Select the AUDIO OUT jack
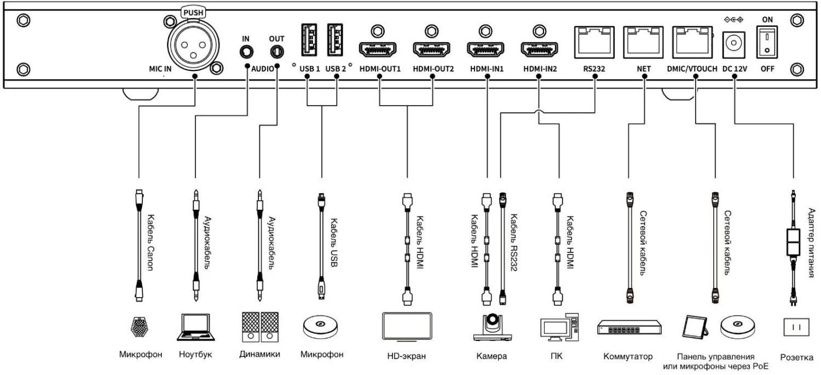pyautogui.click(x=277, y=53)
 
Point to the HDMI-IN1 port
pyautogui.click(x=485, y=49)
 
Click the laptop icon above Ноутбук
pyautogui.click(x=195, y=327)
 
